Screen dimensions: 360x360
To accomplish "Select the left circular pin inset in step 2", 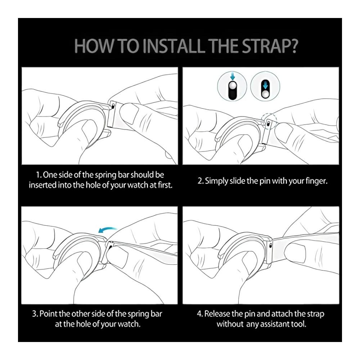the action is (x=232, y=86).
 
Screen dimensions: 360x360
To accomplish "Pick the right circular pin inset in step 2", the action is (x=265, y=86).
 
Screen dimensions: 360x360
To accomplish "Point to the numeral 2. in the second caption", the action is (x=201, y=181).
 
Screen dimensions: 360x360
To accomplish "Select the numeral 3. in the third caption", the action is (x=35, y=314).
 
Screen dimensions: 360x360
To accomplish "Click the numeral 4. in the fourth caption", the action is (x=200, y=314).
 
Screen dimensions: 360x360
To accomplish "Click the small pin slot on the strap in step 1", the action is (x=113, y=106).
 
